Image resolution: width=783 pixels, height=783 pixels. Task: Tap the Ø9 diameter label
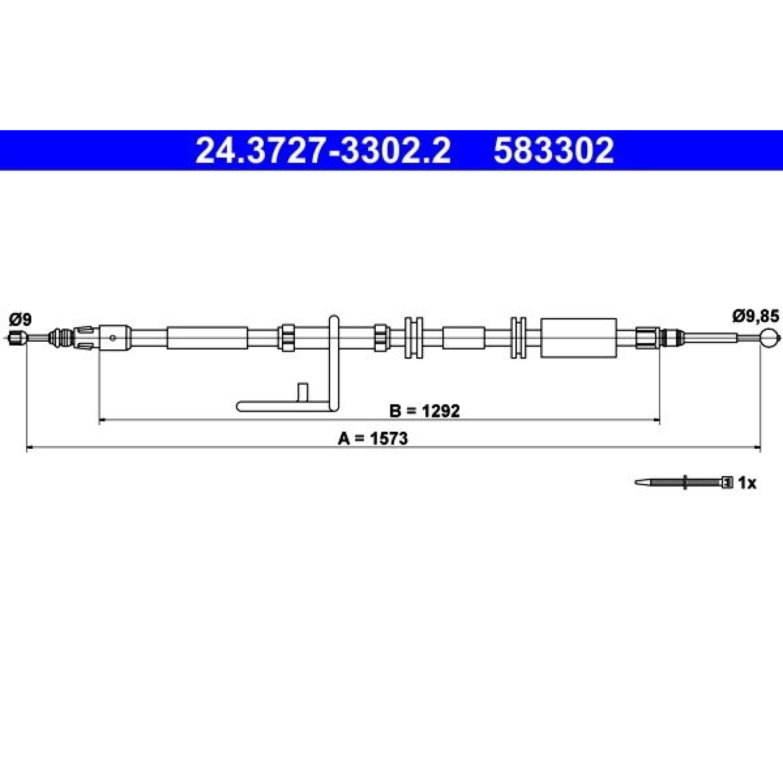pyautogui.click(x=20, y=320)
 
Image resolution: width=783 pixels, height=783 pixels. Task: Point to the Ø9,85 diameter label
pyautogui.click(x=755, y=317)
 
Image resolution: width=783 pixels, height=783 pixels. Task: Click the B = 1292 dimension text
pyautogui.click(x=424, y=411)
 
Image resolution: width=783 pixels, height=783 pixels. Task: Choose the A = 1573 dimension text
pyautogui.click(x=372, y=438)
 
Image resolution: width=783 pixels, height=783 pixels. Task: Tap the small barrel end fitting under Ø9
pyautogui.click(x=18, y=338)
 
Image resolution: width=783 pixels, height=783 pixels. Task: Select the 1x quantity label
pyautogui.click(x=747, y=484)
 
